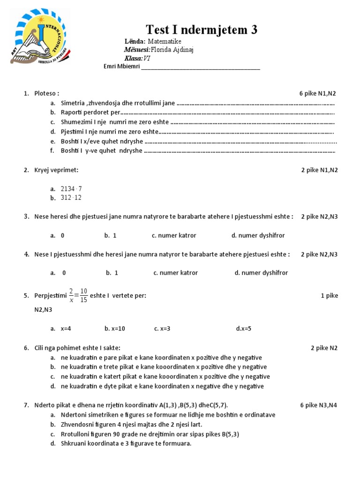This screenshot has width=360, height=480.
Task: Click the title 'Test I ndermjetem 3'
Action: tap(202, 30)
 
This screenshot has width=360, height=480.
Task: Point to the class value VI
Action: tap(147, 58)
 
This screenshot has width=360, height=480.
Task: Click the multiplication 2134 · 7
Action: tap(71, 188)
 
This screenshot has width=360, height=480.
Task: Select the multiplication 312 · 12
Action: tap(71, 198)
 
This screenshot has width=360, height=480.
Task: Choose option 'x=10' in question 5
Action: tap(115, 329)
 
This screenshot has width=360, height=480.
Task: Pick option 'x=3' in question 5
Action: tap(162, 329)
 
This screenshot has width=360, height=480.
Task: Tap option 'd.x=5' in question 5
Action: tap(244, 329)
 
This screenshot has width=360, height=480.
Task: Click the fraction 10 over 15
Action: tap(83, 296)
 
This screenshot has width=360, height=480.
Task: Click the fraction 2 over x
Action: tap(71, 296)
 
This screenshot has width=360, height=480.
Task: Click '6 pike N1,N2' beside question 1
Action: tap(318, 93)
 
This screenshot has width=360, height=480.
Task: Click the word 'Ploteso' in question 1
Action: tap(46, 93)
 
